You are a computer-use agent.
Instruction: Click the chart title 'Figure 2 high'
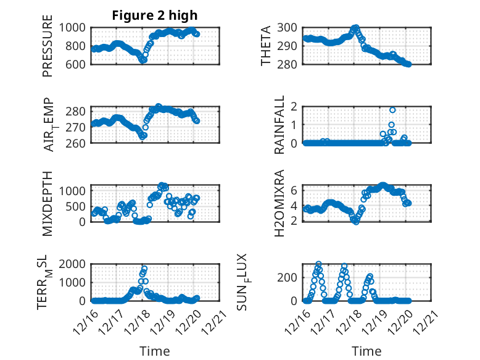pyautogui.click(x=155, y=15)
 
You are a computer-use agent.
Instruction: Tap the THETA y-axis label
pyautogui.click(x=266, y=46)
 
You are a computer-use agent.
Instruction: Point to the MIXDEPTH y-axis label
pyautogui.click(x=48, y=203)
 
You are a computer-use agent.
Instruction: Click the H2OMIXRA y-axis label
pyautogui.click(x=279, y=203)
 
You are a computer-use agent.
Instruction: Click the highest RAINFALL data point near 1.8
pyautogui.click(x=392, y=110)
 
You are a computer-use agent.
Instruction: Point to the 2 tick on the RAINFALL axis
pyautogui.click(x=294, y=106)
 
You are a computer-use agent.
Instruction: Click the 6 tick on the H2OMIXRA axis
pyautogui.click(x=294, y=190)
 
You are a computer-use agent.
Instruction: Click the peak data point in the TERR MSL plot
pyautogui.click(x=145, y=269)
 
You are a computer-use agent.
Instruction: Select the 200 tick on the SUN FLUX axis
pyautogui.click(x=289, y=277)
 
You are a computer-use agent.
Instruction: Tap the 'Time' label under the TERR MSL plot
pyautogui.click(x=155, y=351)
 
